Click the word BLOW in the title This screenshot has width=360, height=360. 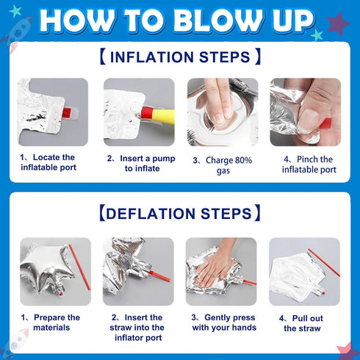tap(221, 21)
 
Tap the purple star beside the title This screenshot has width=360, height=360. tap(338, 24)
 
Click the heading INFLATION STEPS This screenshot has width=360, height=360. tap(180, 57)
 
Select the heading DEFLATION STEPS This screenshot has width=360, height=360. tap(180, 213)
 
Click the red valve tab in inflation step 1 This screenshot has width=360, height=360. tap(67, 112)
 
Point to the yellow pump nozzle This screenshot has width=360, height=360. tap(163, 116)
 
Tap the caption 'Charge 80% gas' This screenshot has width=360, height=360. tap(223, 165)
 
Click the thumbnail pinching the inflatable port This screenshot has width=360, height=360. tap(306, 112)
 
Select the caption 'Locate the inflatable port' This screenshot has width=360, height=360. tap(48, 162)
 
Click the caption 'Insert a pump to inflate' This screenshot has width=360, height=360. tap(141, 163)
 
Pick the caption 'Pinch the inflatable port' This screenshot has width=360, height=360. tap(309, 165)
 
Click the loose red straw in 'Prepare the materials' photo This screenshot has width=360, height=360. tap(79, 267)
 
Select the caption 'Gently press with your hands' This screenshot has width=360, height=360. tap(224, 323)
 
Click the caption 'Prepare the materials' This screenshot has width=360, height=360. tap(51, 323)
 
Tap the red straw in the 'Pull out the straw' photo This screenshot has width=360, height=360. tap(324, 263)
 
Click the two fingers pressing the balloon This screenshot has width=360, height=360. tap(219, 101)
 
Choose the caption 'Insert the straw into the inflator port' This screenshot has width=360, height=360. tap(137, 328)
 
